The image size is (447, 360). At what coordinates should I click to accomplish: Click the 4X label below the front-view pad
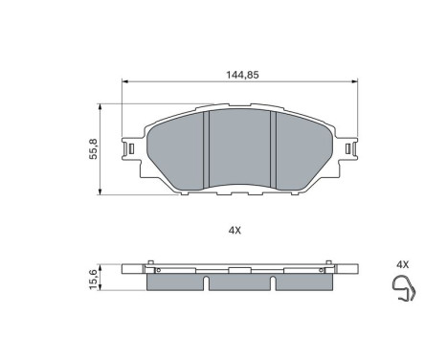pyautogui.click(x=235, y=230)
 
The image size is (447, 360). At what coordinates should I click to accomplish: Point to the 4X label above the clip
pyautogui.click(x=402, y=264)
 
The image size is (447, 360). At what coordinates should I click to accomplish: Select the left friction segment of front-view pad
pyautogui.click(x=177, y=144)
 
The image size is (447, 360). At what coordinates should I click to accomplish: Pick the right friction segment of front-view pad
pyautogui.click(x=302, y=144)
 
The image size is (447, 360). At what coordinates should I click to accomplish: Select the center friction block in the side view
pyautogui.click(x=239, y=281)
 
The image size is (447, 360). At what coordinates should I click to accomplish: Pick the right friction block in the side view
pyautogui.click(x=303, y=281)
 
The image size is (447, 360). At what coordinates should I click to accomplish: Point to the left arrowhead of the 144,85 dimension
pyautogui.click(x=124, y=82)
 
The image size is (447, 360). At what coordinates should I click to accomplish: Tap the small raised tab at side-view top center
pyautogui.click(x=239, y=264)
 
